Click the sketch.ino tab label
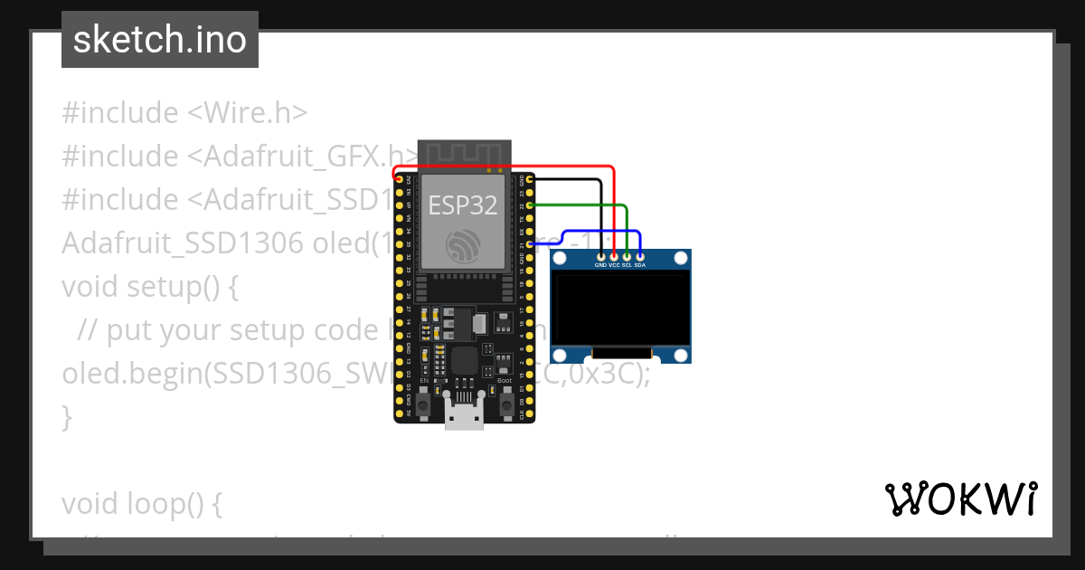point(159,40)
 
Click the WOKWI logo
point(961,499)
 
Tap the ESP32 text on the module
point(463,205)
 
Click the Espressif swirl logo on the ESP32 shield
point(463,244)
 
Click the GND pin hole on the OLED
point(601,257)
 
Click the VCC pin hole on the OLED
point(614,257)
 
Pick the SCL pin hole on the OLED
point(627,257)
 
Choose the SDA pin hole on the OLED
point(640,257)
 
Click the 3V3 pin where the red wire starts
point(399,179)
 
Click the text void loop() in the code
point(141,504)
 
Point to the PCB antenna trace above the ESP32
point(464,155)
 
